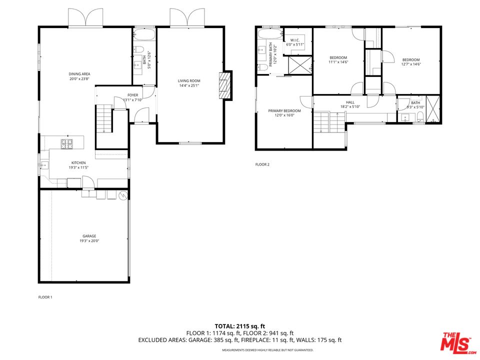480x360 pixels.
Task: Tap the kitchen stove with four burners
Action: [x=67, y=144]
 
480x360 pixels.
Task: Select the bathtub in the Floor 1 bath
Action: [x=144, y=35]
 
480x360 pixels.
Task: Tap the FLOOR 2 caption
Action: [x=262, y=164]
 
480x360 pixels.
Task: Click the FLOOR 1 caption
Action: [x=45, y=297]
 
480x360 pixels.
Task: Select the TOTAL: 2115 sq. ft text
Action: [x=239, y=326]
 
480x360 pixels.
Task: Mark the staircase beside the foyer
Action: [x=103, y=119]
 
